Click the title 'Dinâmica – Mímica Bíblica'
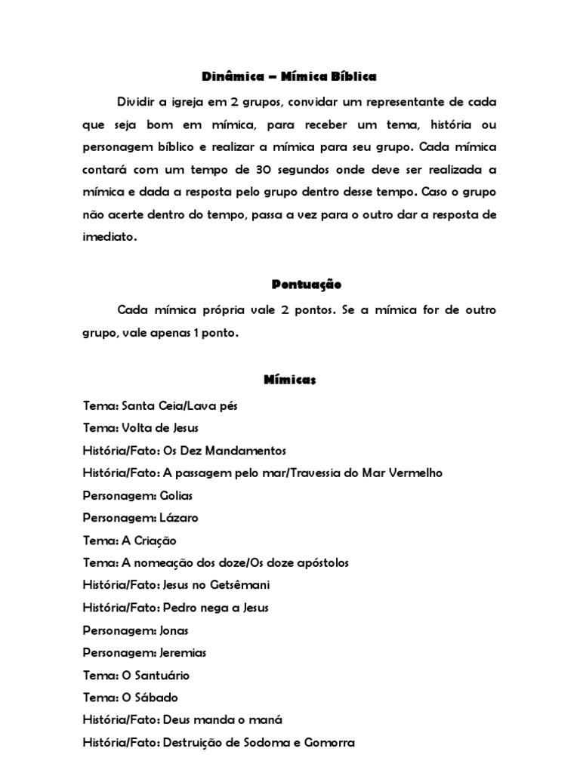[x=289, y=77]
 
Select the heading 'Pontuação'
[x=306, y=285]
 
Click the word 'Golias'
[x=176, y=495]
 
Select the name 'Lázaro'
[x=179, y=518]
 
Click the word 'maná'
[x=267, y=720]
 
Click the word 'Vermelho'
[x=415, y=473]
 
